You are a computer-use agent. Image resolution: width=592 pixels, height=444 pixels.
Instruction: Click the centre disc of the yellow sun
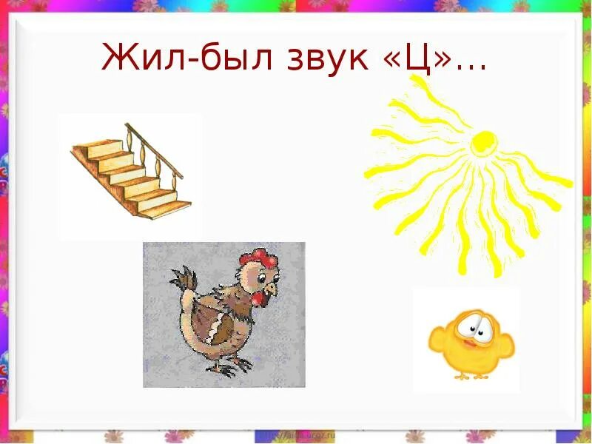click(x=484, y=141)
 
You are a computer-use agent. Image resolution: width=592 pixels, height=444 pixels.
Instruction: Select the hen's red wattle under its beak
click(x=258, y=298)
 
